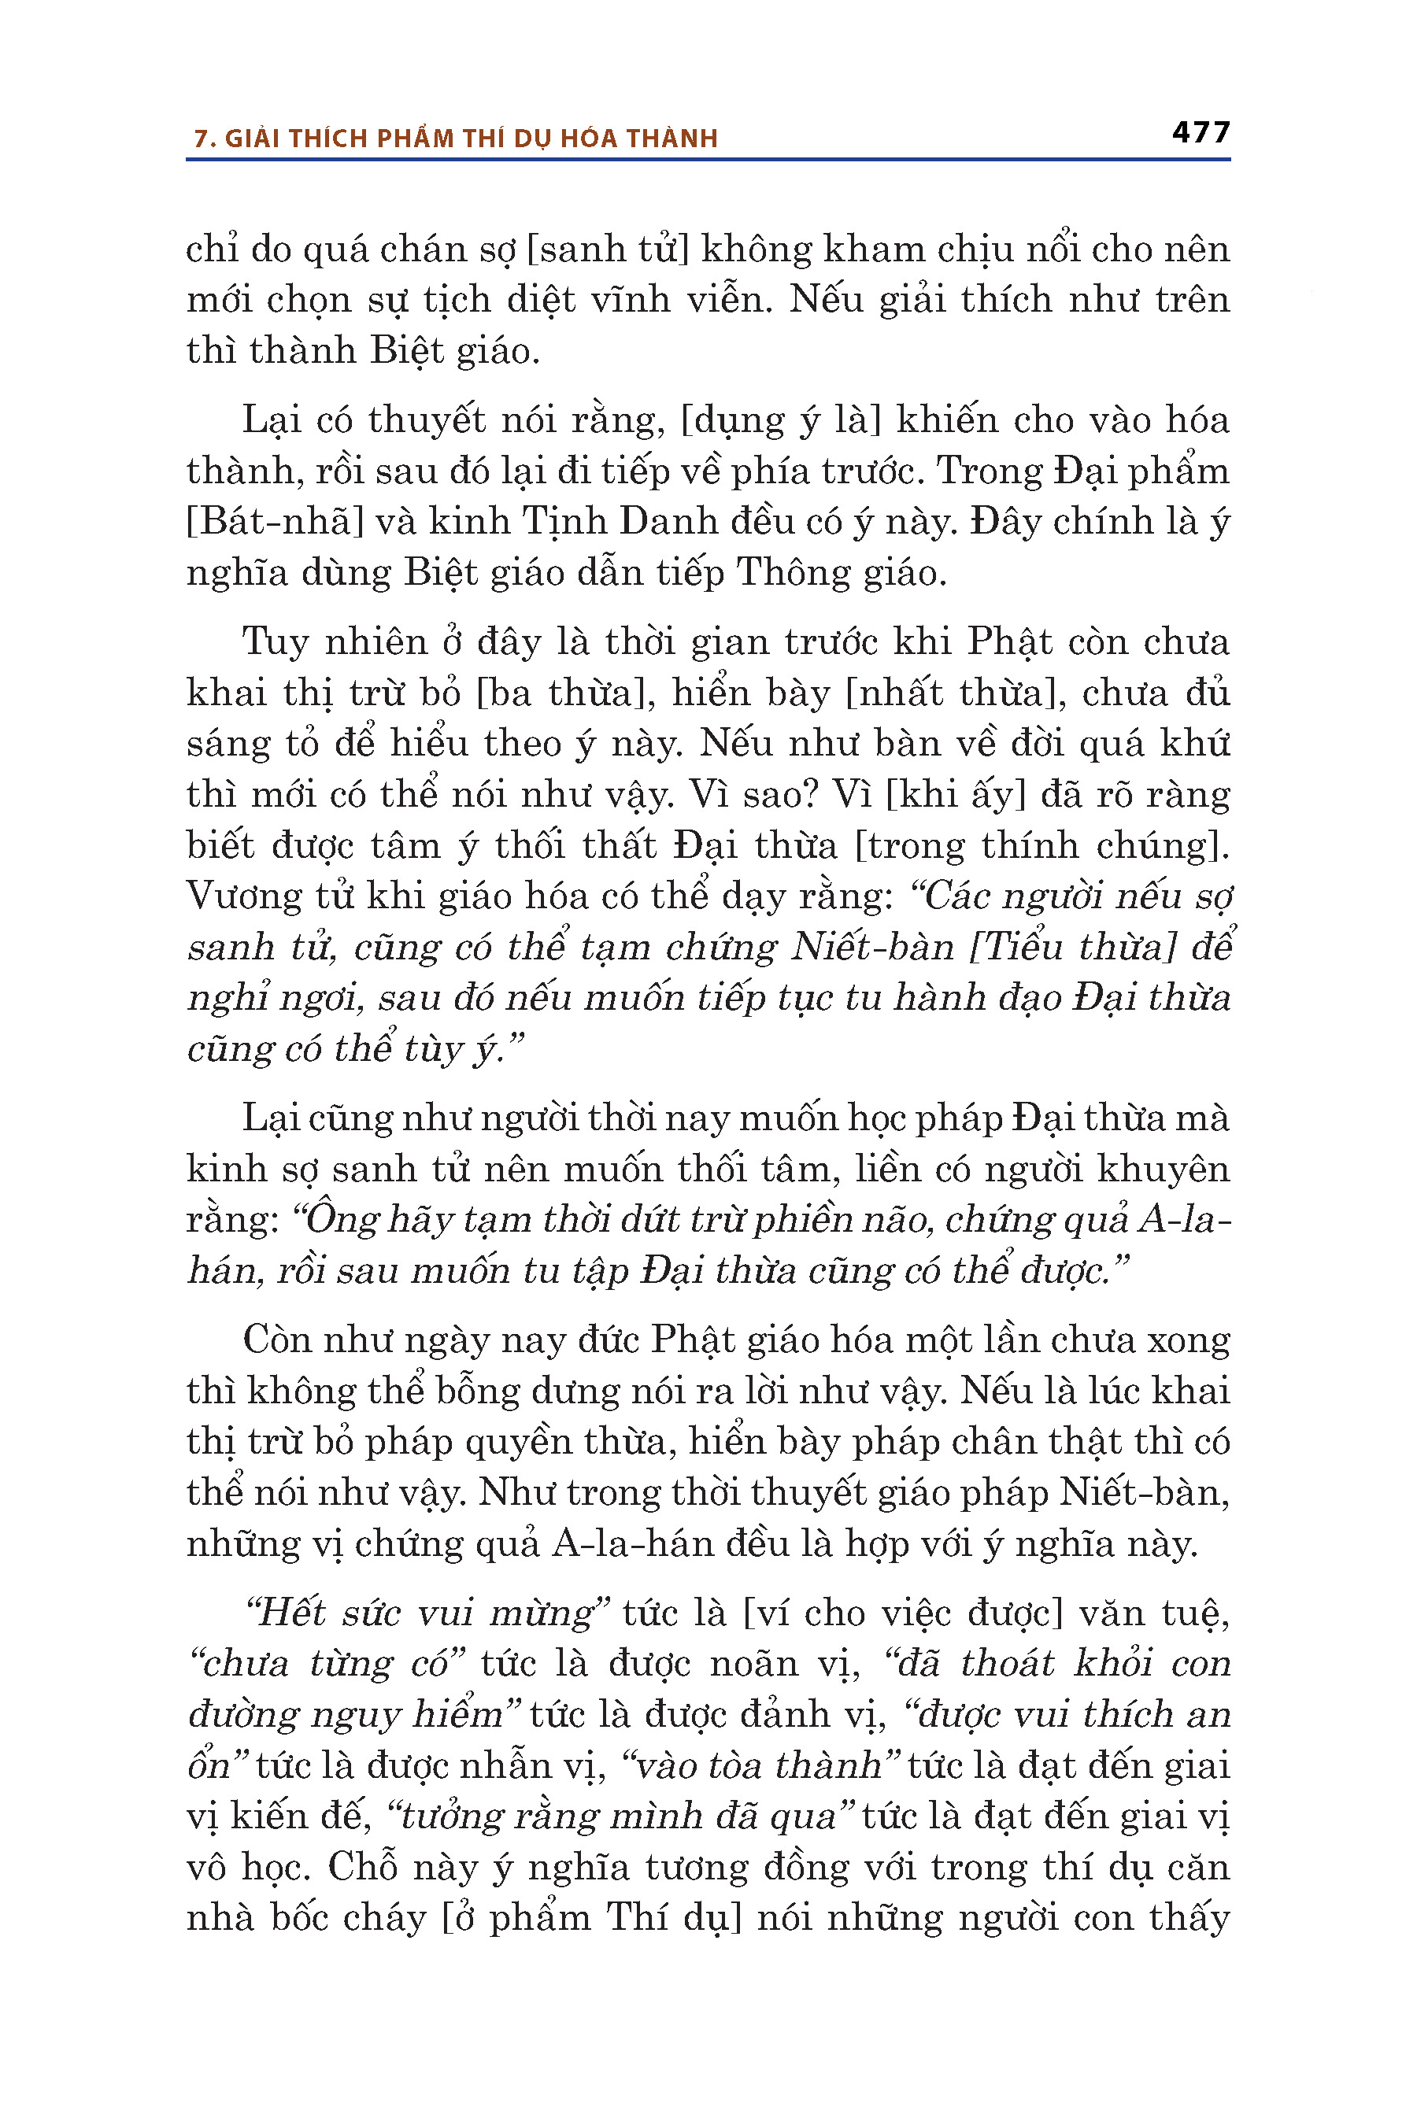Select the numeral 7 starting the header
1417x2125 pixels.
pyautogui.click(x=202, y=139)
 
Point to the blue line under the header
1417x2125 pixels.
pyautogui.click(x=708, y=160)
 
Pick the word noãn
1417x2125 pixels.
pyautogui.click(x=751, y=1663)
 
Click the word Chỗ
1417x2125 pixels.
pyautogui.click(x=370, y=1868)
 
